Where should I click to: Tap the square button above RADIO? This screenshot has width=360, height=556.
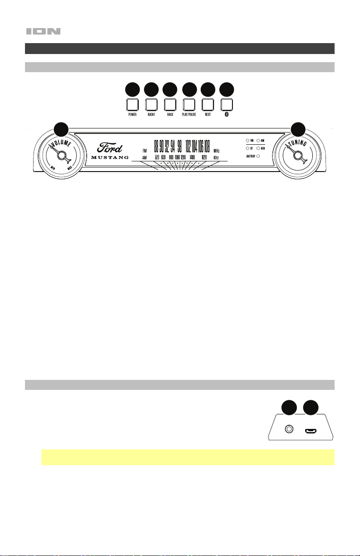point(151,105)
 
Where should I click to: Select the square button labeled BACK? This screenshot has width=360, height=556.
point(170,105)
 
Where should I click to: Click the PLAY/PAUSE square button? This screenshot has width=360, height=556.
point(189,105)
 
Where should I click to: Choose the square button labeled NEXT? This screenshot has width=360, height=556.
point(208,105)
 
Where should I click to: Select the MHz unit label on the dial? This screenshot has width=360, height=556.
point(216,150)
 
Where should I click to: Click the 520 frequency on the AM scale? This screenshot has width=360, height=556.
point(157,157)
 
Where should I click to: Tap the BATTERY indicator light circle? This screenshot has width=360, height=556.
point(258,156)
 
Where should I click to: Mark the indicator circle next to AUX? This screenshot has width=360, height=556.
point(258,148)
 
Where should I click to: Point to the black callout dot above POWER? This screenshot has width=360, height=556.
point(132,89)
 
